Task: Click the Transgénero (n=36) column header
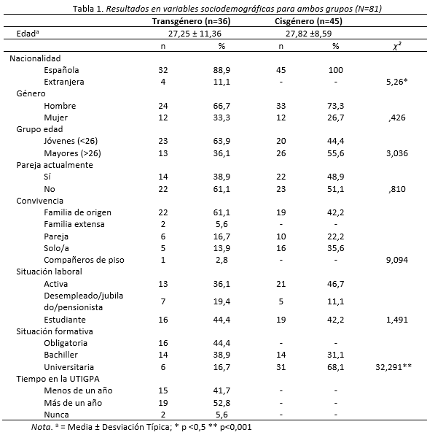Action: click(x=191, y=21)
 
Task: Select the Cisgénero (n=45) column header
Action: click(x=308, y=21)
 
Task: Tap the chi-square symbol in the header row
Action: click(x=397, y=46)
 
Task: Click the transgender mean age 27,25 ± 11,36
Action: click(x=195, y=34)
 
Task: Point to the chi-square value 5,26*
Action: click(x=397, y=82)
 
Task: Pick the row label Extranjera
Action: click(x=64, y=82)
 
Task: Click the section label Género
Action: click(x=31, y=93)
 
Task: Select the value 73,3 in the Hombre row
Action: click(x=336, y=106)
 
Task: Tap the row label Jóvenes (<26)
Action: click(x=71, y=141)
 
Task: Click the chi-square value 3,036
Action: click(x=397, y=153)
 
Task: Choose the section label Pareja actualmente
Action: click(x=55, y=165)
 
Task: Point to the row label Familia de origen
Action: click(x=77, y=212)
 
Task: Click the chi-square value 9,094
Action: click(x=397, y=260)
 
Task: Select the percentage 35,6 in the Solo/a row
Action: click(x=336, y=248)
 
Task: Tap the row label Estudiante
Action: click(x=65, y=320)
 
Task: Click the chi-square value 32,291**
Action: click(x=393, y=367)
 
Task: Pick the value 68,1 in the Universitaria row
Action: click(x=336, y=367)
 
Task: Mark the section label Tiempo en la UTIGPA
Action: click(x=58, y=379)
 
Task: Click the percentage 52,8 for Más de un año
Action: click(x=222, y=403)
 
